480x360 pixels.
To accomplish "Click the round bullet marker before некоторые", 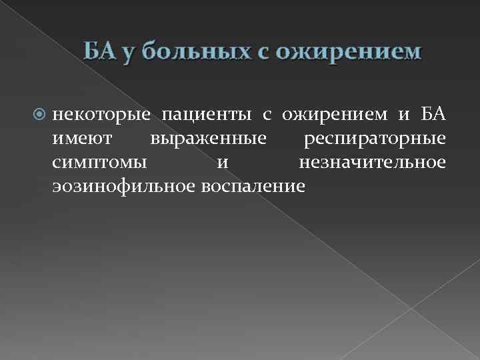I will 38,116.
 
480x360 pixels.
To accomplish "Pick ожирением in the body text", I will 333,116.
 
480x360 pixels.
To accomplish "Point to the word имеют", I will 80,139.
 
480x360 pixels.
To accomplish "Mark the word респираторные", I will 374,140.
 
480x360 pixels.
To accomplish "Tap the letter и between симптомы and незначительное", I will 222,163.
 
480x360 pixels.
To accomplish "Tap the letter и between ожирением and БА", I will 404,116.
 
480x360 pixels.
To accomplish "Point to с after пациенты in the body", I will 266,116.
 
